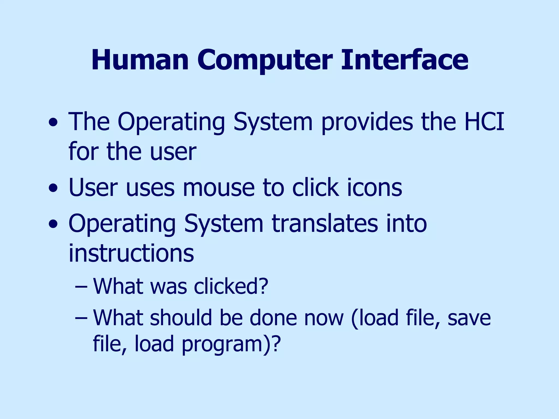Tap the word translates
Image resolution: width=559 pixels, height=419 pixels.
point(325,223)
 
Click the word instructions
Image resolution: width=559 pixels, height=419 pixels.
point(131,253)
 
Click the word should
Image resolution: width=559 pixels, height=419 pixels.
point(181,318)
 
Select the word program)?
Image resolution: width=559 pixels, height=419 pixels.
point(231,344)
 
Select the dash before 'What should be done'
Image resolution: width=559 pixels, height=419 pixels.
point(81,318)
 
